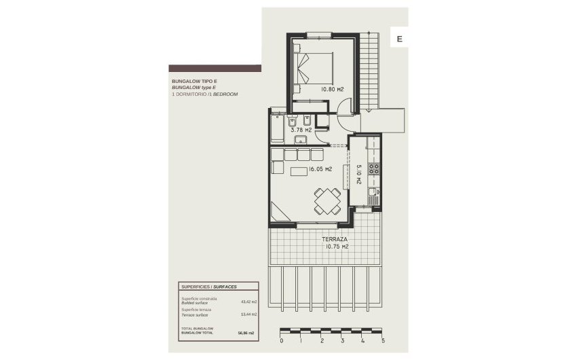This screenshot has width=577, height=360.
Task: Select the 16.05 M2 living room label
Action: tap(320, 169)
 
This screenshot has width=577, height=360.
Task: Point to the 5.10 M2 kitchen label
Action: tap(358, 179)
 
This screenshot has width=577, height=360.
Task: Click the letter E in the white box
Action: tap(399, 39)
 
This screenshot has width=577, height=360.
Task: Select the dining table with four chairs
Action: tap(325, 200)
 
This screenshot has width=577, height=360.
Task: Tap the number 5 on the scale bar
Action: tap(384, 341)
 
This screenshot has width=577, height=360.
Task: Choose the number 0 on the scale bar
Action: tap(281, 341)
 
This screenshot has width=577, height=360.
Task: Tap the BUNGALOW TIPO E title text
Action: tap(194, 82)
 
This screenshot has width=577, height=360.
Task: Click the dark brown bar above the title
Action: tap(215, 69)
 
